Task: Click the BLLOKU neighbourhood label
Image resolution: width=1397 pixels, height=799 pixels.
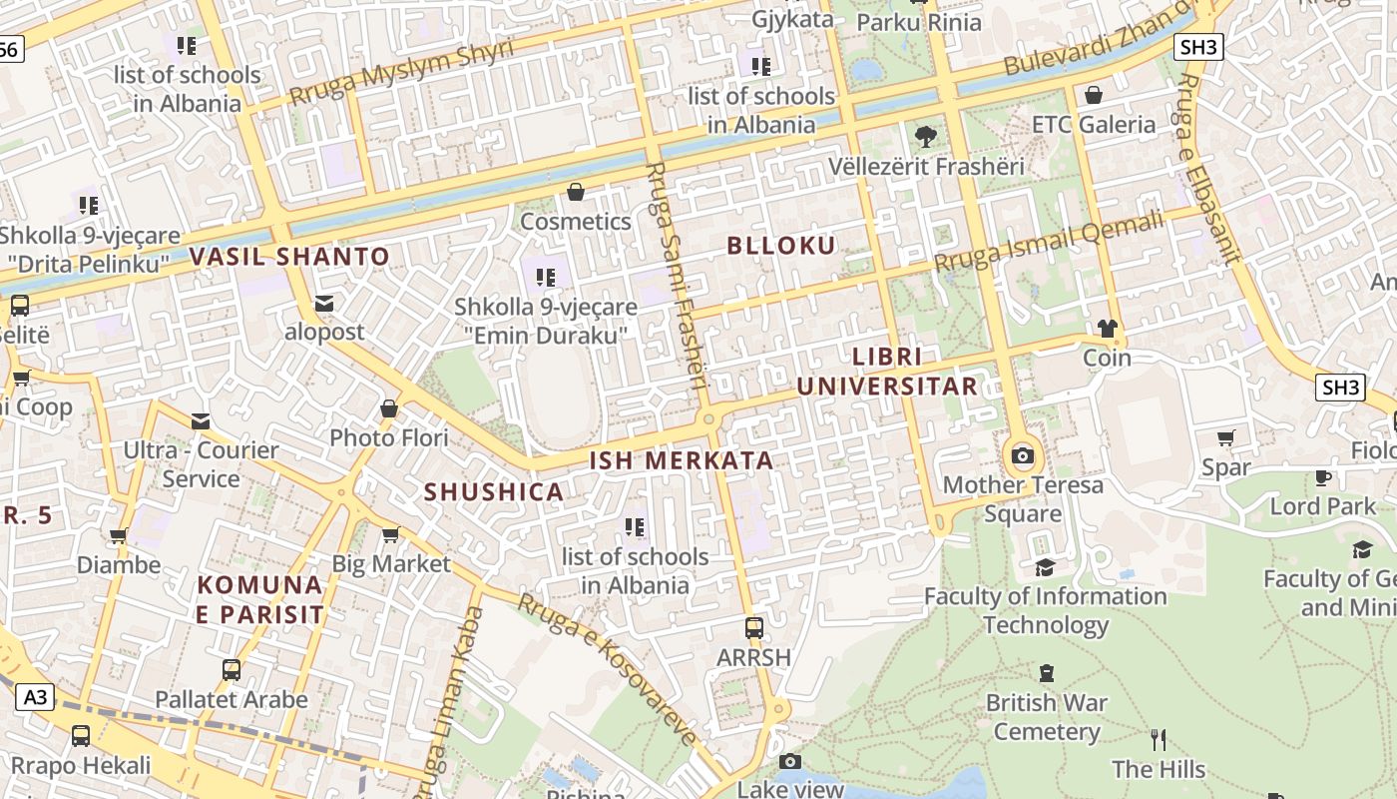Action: point(781,246)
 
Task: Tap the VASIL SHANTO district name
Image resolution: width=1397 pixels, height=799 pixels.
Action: point(289,257)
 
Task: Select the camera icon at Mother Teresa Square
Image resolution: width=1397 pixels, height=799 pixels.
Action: point(1023,456)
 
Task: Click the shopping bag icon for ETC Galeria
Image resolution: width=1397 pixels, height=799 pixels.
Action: point(1094,95)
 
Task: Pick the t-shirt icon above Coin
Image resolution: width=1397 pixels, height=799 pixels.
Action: point(1107,328)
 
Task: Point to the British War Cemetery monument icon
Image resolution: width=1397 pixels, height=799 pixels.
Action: point(1047,673)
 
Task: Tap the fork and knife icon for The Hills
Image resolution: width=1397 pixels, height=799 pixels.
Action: point(1159,740)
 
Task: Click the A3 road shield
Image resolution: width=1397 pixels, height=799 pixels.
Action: point(35,697)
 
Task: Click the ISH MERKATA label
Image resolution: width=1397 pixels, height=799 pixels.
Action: point(682,460)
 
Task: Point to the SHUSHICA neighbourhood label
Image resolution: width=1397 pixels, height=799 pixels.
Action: point(494,492)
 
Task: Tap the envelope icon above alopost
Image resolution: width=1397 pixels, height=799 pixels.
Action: point(324,303)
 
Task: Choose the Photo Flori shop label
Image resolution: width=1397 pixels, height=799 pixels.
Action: point(389,437)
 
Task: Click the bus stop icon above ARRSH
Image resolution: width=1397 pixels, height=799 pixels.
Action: point(754,628)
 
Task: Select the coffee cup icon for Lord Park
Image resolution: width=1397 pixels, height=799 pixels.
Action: point(1323,477)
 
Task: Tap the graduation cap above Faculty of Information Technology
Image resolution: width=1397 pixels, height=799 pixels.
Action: point(1045,567)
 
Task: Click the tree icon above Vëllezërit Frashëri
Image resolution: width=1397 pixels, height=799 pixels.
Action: point(926,136)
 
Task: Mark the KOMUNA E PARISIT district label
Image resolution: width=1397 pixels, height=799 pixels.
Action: point(259,599)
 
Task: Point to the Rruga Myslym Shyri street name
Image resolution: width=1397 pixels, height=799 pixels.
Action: point(402,72)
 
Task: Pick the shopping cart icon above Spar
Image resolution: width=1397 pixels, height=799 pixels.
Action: point(1226,437)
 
